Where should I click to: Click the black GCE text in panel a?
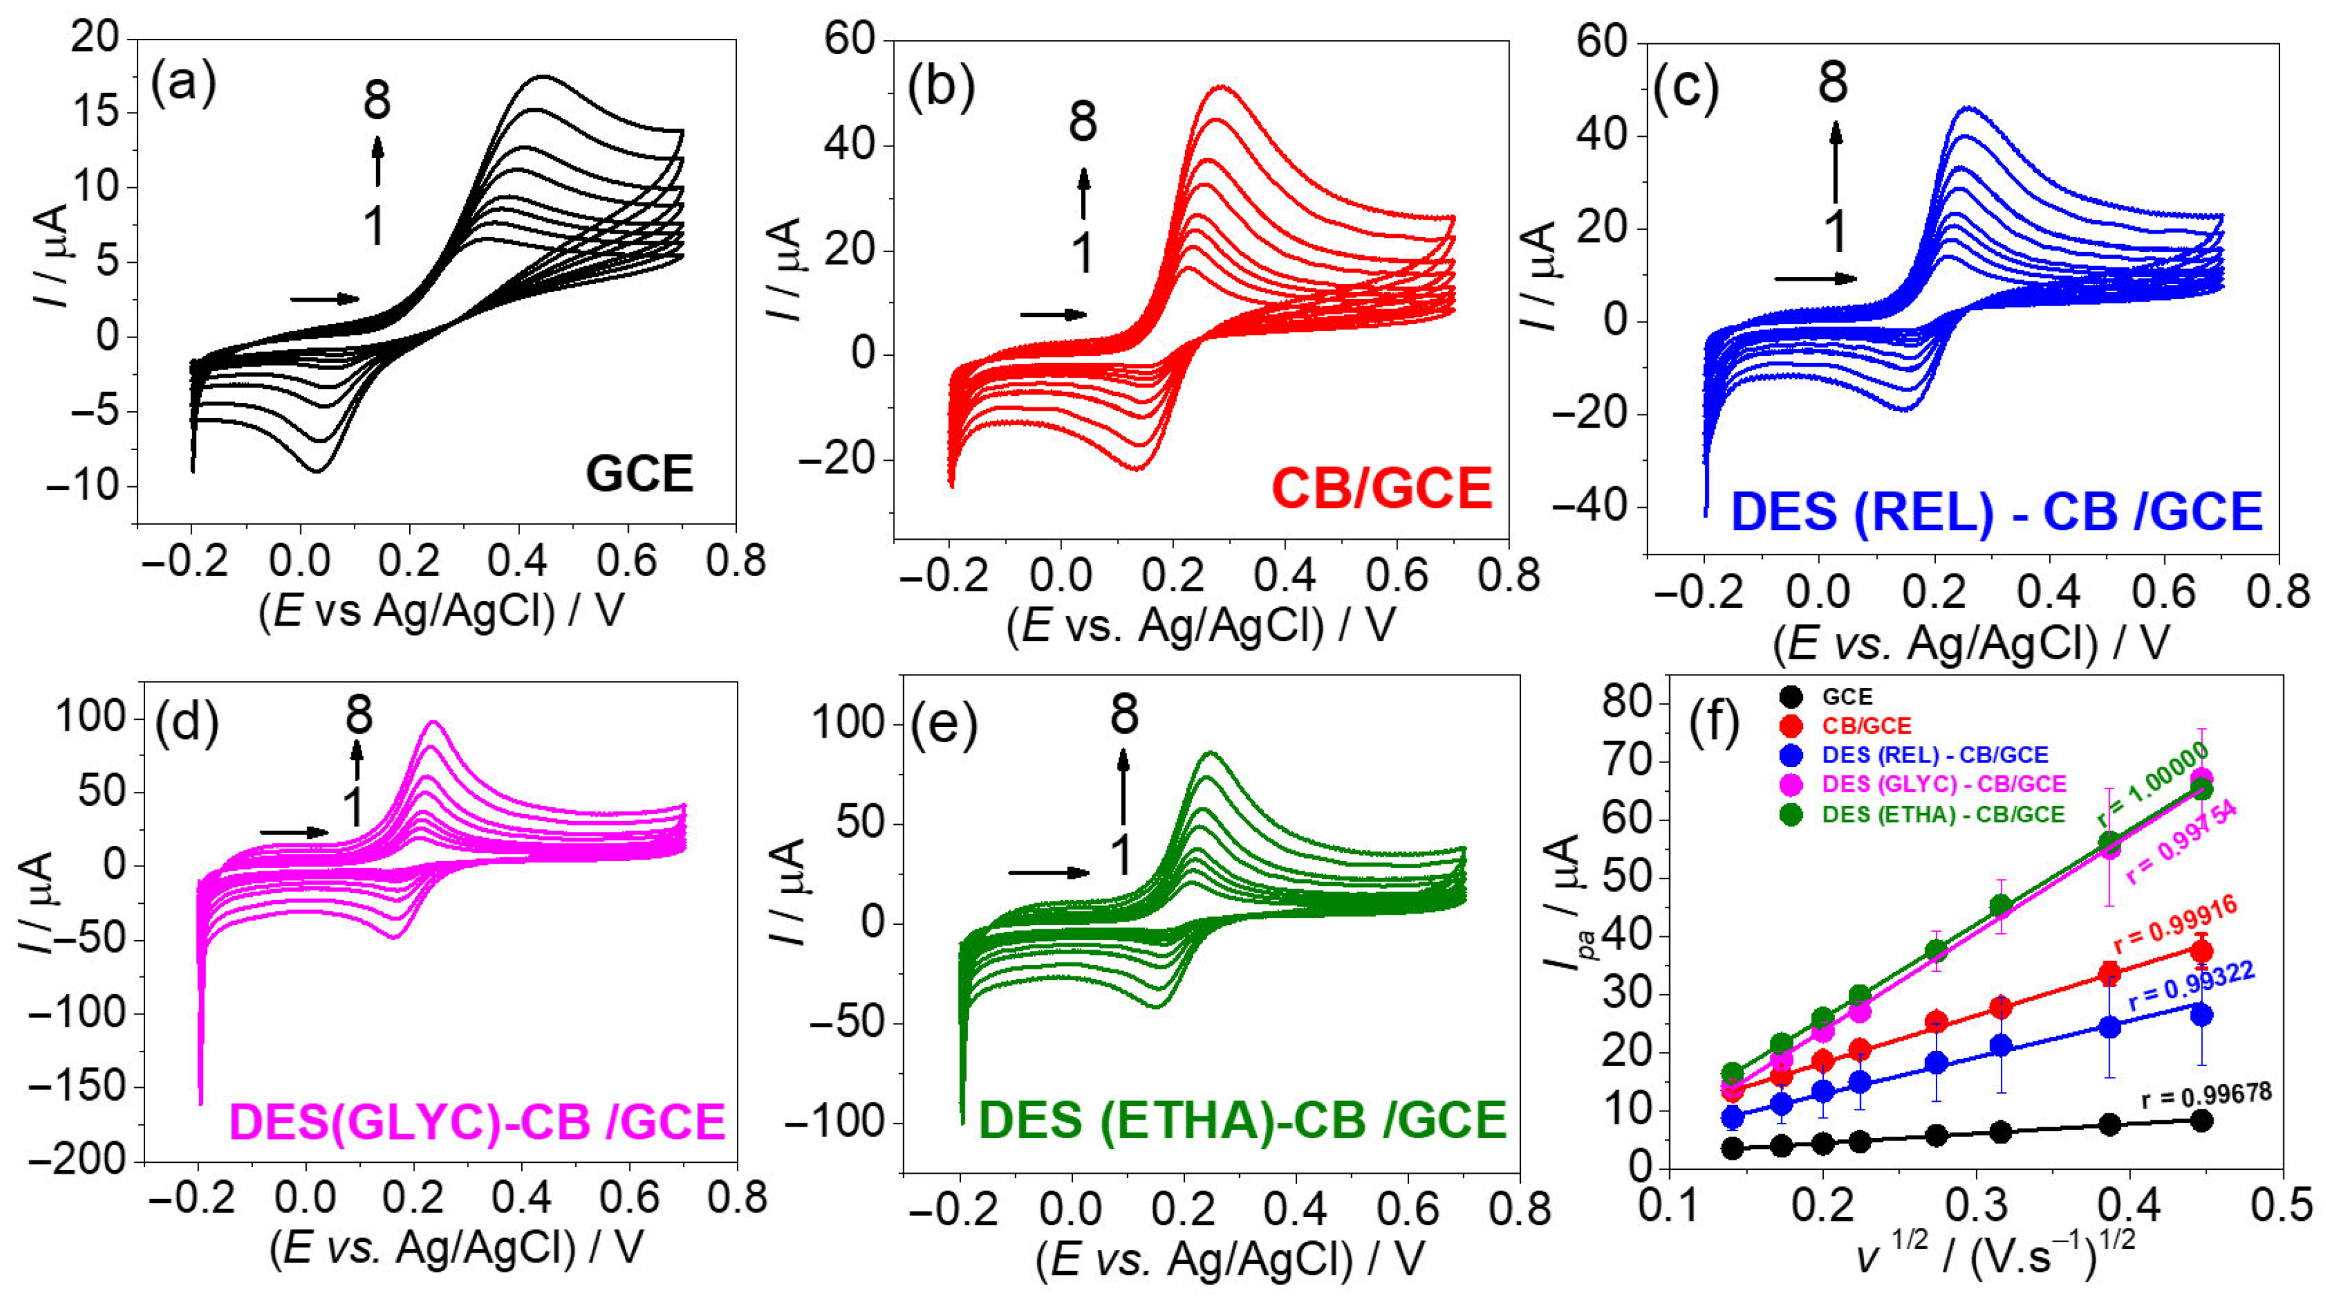640,474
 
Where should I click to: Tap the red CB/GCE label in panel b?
1382,488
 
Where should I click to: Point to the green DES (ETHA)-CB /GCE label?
1242,1120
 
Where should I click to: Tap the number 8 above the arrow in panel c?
1833,82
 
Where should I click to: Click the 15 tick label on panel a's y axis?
94,113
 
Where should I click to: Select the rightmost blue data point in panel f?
2201,1015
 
